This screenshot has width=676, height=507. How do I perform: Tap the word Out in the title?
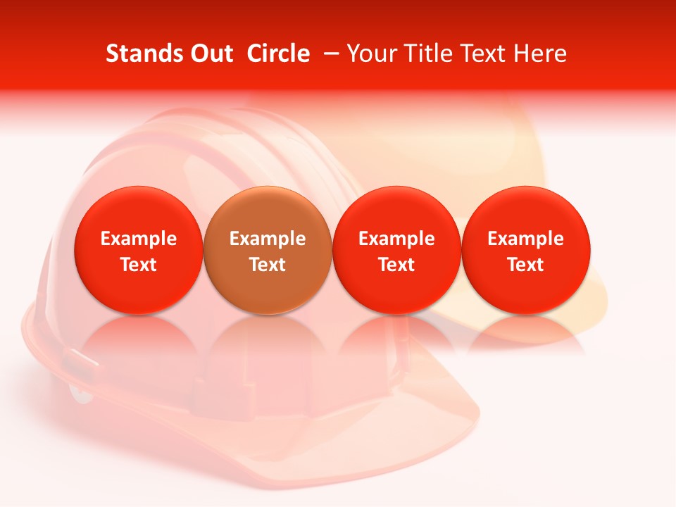coord(209,54)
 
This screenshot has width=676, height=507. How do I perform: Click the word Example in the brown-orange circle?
coord(268,239)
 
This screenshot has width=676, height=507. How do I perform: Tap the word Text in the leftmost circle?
coord(139,265)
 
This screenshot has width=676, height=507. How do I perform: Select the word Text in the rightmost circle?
coord(526,265)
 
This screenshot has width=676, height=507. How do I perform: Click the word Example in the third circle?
coord(396,239)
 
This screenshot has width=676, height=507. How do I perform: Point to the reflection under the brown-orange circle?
coord(268,338)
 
